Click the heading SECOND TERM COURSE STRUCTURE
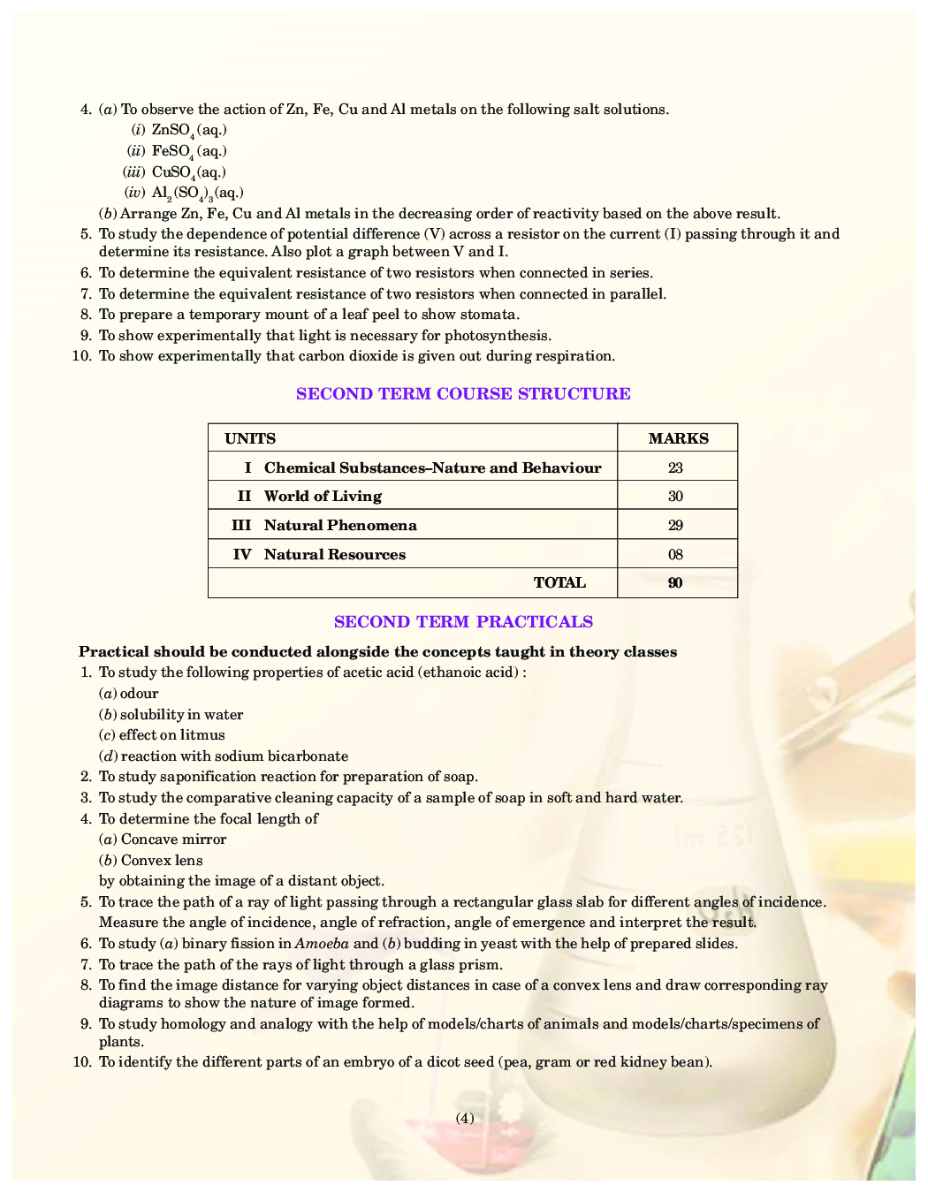463,394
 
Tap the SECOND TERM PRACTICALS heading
463,622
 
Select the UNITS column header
250,438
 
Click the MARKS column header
678,438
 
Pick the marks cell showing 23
675,468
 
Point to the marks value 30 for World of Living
675,497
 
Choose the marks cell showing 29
675,526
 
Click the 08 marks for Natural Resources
675,555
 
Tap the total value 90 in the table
675,583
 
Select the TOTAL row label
559,583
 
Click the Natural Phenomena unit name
340,526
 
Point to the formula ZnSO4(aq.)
189,130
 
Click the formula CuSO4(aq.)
189,172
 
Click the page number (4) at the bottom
465,1118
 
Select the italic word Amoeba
322,944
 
